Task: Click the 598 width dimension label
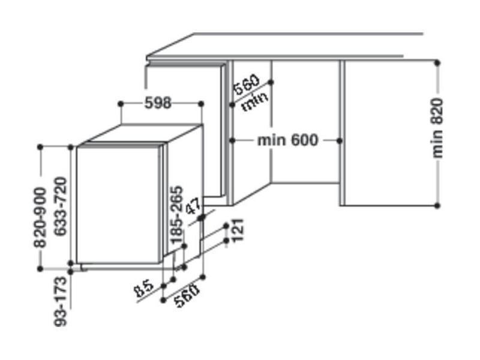[x=158, y=103]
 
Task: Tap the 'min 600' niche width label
[x=288, y=140]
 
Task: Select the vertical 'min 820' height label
[x=437, y=128]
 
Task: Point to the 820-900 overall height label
[x=40, y=217]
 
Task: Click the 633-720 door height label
[x=61, y=206]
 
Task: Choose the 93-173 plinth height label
[x=61, y=302]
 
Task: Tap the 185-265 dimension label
[x=176, y=215]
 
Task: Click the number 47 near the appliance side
[x=193, y=206]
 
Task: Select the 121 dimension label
[x=238, y=230]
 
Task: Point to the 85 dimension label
[x=143, y=289]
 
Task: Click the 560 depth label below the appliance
[x=187, y=296]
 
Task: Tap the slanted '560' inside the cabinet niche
[x=247, y=84]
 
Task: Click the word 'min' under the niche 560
[x=254, y=101]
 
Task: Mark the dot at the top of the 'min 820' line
[x=437, y=63]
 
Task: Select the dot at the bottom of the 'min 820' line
[x=437, y=206]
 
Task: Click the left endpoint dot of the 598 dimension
[x=121, y=104]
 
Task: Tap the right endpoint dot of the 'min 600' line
[x=339, y=141]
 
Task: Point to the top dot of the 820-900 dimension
[x=40, y=147]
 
